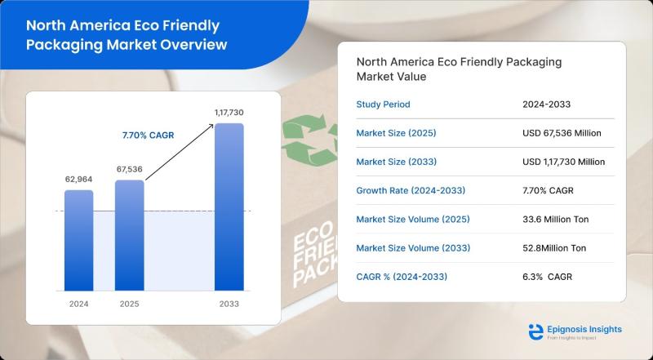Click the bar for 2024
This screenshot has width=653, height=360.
tap(78, 241)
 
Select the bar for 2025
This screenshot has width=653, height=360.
tap(130, 235)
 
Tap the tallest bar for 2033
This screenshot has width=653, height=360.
tap(229, 207)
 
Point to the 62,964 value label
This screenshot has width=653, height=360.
tap(78, 179)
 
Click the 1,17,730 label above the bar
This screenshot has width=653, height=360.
tap(229, 113)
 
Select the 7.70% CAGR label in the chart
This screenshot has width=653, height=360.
tap(148, 136)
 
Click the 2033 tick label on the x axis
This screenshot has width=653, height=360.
tap(229, 304)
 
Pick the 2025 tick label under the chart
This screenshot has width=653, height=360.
tap(130, 304)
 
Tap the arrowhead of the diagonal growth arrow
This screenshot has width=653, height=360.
tap(211, 126)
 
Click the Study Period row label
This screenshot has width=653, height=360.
tap(383, 104)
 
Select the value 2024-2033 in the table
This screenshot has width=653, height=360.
tap(546, 104)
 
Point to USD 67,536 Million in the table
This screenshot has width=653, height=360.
tap(562, 133)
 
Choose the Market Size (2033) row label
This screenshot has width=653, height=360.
tap(397, 162)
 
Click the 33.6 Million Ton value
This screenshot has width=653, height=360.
tap(556, 219)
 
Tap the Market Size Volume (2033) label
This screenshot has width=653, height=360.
tap(413, 248)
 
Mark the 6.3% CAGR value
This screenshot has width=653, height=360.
tap(547, 277)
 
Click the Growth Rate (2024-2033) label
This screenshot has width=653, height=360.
tap(411, 190)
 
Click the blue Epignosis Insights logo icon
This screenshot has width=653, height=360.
tap(535, 331)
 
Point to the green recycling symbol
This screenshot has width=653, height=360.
tap(310, 140)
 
